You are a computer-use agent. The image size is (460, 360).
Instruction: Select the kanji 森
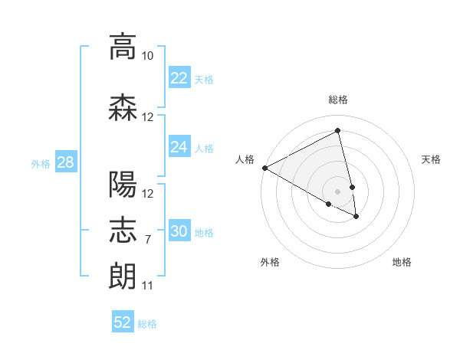click(x=123, y=107)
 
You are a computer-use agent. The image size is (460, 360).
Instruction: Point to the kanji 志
click(x=123, y=230)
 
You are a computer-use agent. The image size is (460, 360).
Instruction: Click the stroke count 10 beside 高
click(x=148, y=56)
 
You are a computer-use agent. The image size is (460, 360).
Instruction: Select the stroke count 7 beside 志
click(x=148, y=240)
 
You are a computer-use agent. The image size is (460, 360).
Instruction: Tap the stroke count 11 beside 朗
click(x=148, y=286)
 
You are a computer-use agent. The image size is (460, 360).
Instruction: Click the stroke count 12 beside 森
click(x=148, y=117)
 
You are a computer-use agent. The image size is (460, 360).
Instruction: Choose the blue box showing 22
click(x=179, y=77)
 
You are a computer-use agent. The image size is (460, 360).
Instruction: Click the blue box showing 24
click(x=179, y=146)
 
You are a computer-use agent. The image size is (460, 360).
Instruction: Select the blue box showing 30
click(x=179, y=231)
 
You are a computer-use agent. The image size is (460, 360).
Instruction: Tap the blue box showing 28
click(x=65, y=162)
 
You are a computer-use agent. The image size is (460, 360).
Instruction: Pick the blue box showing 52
click(x=122, y=322)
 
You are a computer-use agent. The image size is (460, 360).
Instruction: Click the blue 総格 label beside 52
click(x=147, y=324)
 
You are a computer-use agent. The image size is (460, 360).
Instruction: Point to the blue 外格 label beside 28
click(x=41, y=163)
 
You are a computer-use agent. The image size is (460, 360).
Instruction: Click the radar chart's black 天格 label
click(x=431, y=159)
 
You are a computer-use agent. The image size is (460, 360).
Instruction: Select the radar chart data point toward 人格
click(x=264, y=168)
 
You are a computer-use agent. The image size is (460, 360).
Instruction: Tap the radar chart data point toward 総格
click(x=338, y=131)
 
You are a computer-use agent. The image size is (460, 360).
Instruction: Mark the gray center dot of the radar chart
click(x=338, y=191)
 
